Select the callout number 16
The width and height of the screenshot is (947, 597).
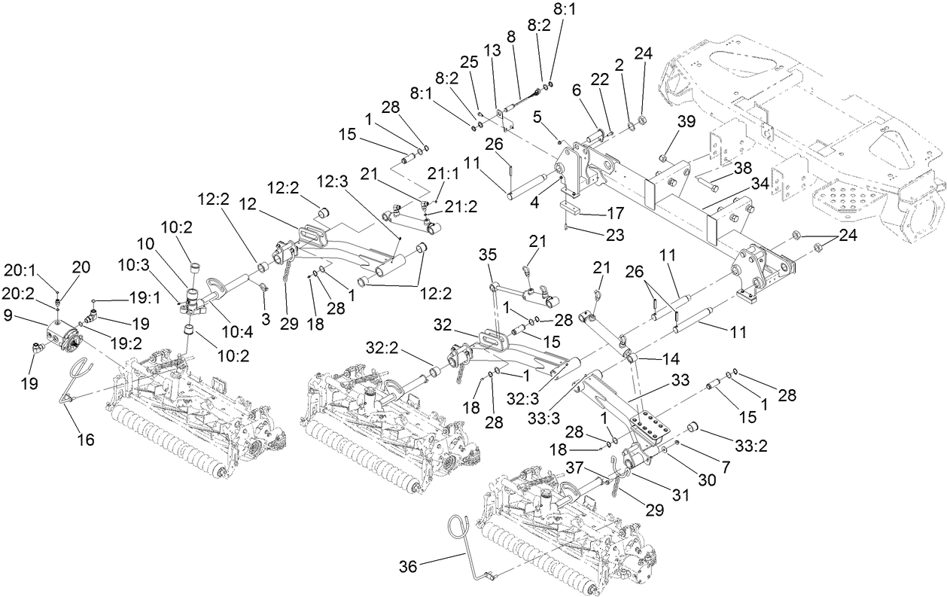86,440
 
